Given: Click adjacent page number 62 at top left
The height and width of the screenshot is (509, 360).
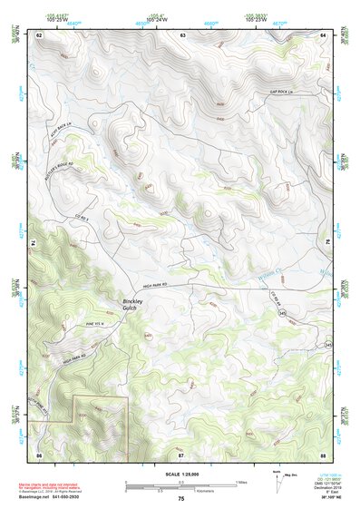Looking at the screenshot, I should point(39,34).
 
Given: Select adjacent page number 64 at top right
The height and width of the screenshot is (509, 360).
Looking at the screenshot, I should point(323,34).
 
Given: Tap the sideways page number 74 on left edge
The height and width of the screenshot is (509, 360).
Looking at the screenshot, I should point(32,243).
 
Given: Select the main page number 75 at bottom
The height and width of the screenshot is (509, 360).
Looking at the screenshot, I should point(180,498).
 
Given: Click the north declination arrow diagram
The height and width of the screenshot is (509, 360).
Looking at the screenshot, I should point(279,477).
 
